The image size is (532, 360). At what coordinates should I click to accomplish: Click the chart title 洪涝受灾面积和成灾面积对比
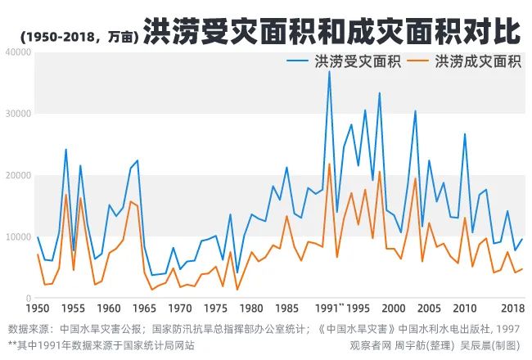coord(331,32)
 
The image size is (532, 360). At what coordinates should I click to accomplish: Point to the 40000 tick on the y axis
coord(17,52)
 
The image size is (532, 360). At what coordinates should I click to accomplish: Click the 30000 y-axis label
coord(17,114)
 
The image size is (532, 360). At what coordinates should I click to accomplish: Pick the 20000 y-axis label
coord(17,176)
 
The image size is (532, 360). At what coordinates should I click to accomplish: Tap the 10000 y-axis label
coord(17,237)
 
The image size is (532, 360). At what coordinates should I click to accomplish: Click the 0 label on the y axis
coord(27,299)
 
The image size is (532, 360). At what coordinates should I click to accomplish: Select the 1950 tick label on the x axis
coord(38,308)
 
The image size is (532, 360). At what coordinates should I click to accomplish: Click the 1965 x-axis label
coord(144,308)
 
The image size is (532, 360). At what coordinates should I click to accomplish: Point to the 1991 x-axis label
coord(327,308)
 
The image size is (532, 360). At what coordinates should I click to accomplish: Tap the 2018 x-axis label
coord(512,308)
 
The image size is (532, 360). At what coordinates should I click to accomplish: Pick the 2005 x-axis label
coord(429,308)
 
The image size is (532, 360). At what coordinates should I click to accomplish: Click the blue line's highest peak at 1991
coord(329,71)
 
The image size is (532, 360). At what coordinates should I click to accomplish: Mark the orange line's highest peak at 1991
coord(329,164)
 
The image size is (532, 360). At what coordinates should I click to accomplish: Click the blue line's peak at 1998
coord(379,92)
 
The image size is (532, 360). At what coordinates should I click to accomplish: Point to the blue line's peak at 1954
coord(66,150)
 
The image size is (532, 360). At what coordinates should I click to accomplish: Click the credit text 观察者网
coord(372,344)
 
